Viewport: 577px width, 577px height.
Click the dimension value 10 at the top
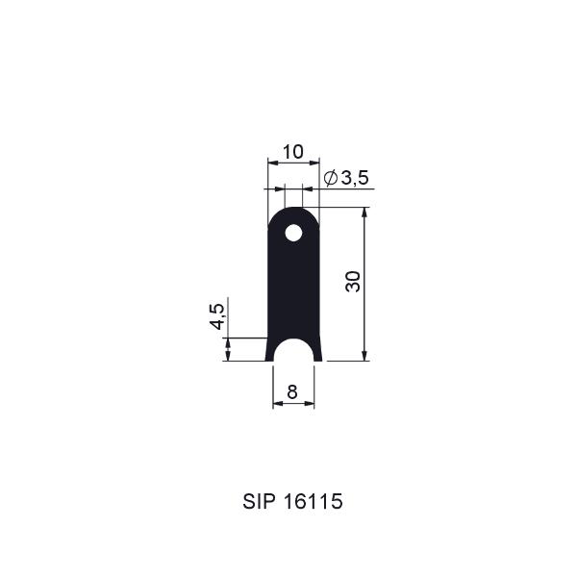(x=293, y=152)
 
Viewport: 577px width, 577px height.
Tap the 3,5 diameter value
(x=355, y=178)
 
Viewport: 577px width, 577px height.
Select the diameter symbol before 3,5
(x=331, y=178)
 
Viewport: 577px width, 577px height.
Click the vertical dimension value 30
(x=353, y=282)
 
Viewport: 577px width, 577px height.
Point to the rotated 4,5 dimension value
(x=217, y=316)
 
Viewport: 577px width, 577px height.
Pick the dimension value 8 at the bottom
(x=292, y=392)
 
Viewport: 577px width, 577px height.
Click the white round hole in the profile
(x=293, y=233)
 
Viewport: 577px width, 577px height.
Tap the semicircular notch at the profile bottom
(x=293, y=349)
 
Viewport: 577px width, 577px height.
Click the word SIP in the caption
(x=259, y=501)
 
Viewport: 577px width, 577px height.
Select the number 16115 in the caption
(x=314, y=501)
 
